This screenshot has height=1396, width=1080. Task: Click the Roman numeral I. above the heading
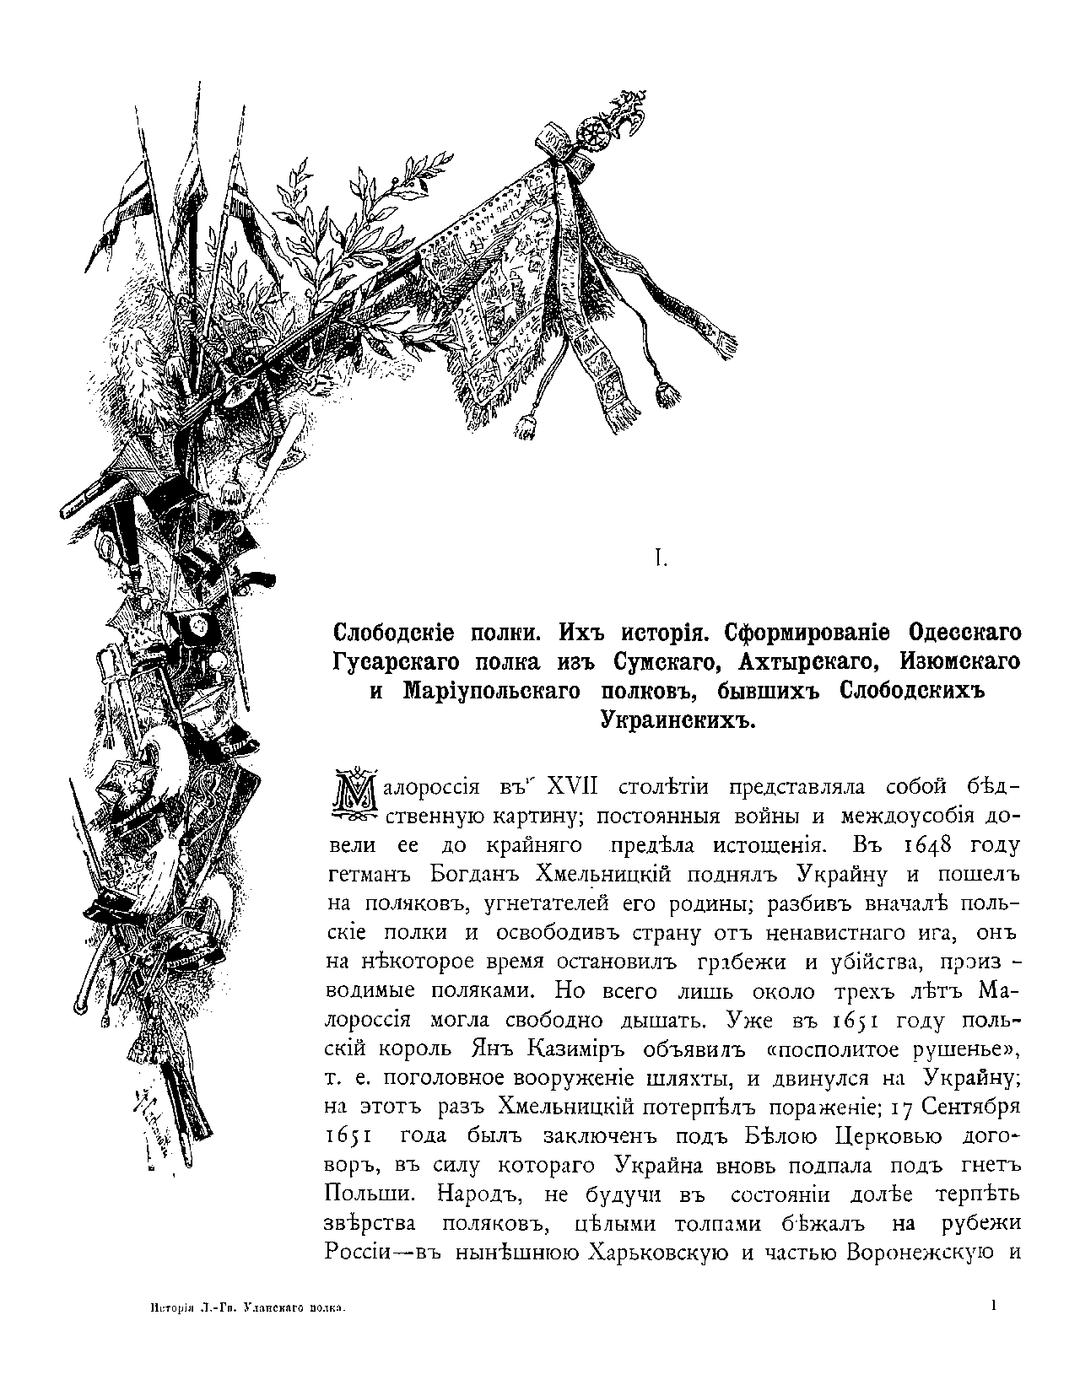pyautogui.click(x=661, y=558)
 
